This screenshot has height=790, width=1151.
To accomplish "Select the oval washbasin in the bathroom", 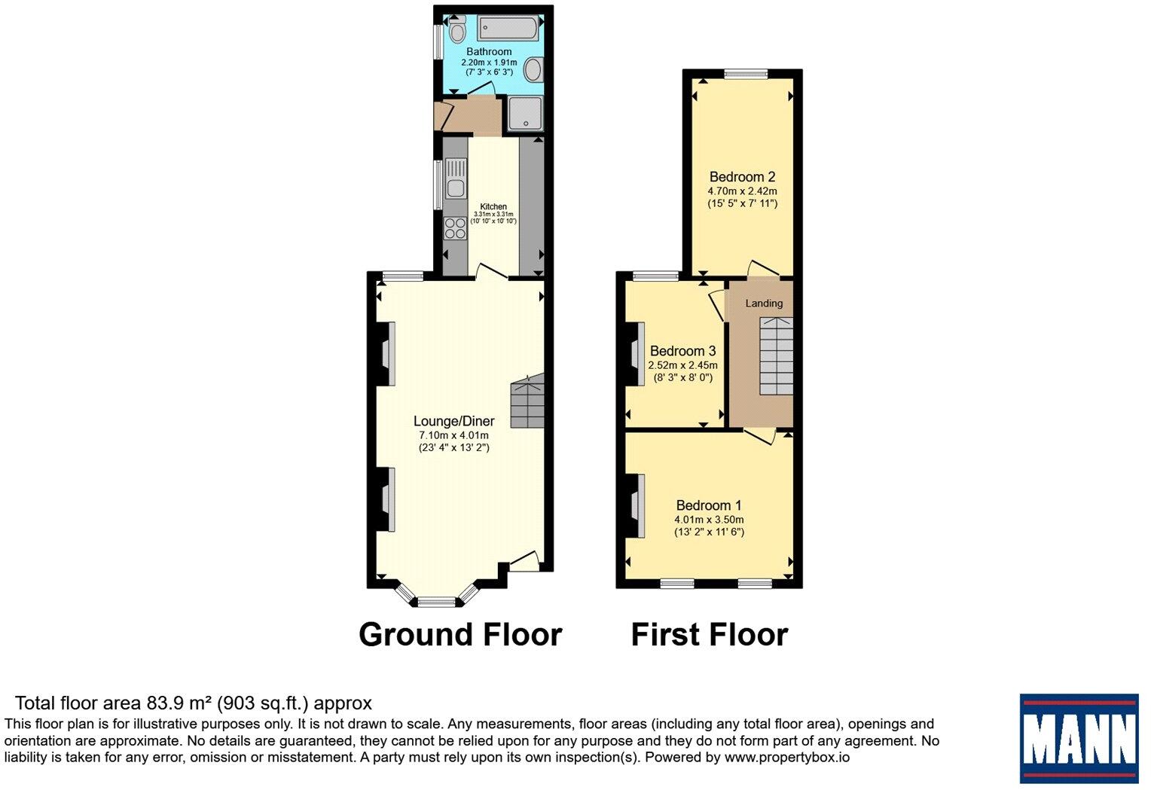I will click(x=533, y=71).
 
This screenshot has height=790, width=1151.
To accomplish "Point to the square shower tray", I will click(x=524, y=114).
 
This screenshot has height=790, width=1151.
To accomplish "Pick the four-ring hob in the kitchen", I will click(x=455, y=227).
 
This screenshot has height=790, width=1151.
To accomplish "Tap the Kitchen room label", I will click(x=493, y=206).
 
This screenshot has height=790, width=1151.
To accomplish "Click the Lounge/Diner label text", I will click(x=453, y=421).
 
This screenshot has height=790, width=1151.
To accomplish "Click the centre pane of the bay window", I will click(x=437, y=601).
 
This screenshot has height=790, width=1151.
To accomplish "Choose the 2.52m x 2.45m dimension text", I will click(x=682, y=365).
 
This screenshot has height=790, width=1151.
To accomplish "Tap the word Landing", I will click(x=764, y=303).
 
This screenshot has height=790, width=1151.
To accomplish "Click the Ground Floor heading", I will click(x=460, y=634).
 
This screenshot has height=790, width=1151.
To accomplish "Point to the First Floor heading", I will click(x=709, y=634).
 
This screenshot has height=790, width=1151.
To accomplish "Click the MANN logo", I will click(x=1079, y=738).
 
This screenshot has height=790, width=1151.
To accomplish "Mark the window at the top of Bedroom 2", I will click(x=746, y=74).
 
